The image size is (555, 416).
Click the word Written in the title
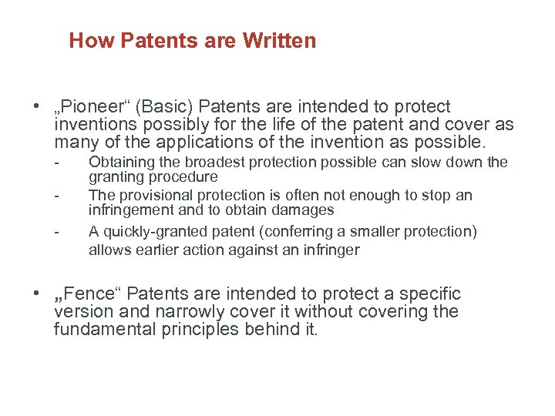[x=279, y=41]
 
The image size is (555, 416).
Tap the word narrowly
[x=155, y=312]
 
